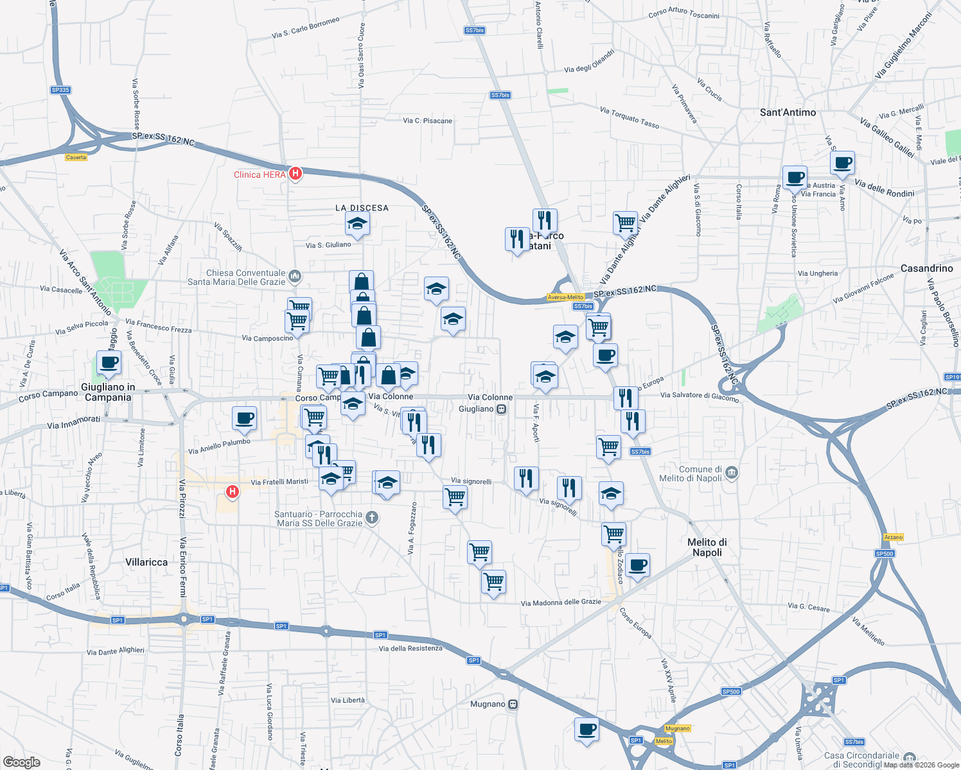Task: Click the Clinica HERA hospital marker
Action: pyautogui.click(x=295, y=173)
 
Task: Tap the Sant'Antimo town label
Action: pyautogui.click(x=788, y=112)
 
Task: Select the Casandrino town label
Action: pyautogui.click(x=926, y=268)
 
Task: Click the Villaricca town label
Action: pyautogui.click(x=146, y=562)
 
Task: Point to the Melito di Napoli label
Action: pyautogui.click(x=707, y=547)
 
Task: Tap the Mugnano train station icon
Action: pyautogui.click(x=513, y=704)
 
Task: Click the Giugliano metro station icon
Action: pyautogui.click(x=502, y=409)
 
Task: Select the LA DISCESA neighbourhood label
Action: pyautogui.click(x=362, y=208)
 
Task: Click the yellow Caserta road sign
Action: pyautogui.click(x=76, y=157)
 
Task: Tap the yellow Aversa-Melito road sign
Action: pyautogui.click(x=565, y=297)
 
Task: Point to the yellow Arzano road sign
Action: pyautogui.click(x=893, y=537)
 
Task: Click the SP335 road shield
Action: pyautogui.click(x=60, y=90)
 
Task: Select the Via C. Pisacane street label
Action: pyautogui.click(x=427, y=121)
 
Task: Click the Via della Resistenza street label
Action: pyautogui.click(x=410, y=648)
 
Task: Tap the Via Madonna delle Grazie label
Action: pyautogui.click(x=561, y=603)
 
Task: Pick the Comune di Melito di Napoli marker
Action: pyautogui.click(x=732, y=474)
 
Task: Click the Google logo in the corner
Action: pyautogui.click(x=21, y=762)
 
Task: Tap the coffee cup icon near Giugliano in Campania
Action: pyautogui.click(x=109, y=362)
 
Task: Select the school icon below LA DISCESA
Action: pyautogui.click(x=357, y=223)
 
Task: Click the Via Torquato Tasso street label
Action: pyautogui.click(x=629, y=117)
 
